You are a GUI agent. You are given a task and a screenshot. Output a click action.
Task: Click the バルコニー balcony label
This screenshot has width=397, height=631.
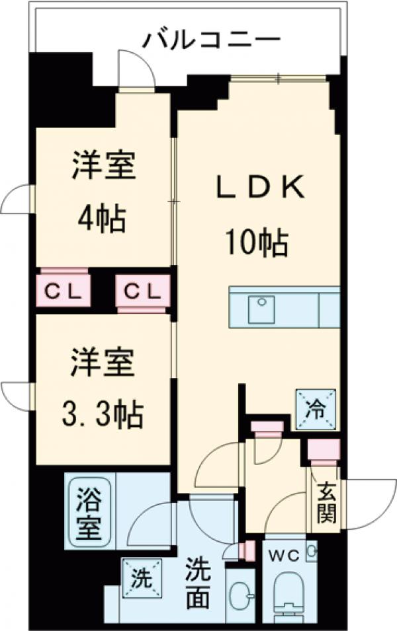click(211, 40)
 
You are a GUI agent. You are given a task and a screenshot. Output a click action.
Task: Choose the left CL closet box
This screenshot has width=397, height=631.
click(63, 290)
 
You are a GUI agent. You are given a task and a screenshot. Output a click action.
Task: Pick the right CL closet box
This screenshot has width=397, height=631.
click(141, 290)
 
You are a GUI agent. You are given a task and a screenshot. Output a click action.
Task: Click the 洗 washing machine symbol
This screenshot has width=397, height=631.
click(141, 578)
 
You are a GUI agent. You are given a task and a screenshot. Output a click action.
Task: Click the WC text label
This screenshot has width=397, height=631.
click(285, 552)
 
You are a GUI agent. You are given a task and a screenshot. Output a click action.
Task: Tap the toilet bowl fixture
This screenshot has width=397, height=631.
click(289, 591)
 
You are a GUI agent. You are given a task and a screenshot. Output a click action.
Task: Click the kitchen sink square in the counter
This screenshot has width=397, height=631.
click(261, 309)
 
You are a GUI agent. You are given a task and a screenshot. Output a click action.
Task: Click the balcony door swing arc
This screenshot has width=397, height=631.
click(136, 67)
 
